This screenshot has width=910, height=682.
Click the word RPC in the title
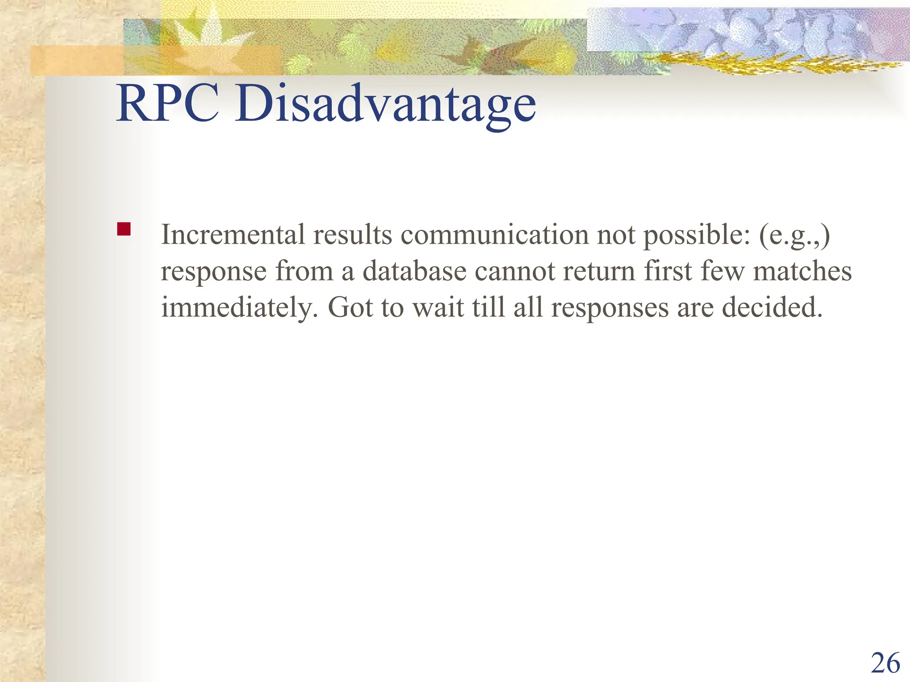tap(168, 104)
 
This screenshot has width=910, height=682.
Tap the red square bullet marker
tap(124, 229)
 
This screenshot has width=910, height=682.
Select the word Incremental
tap(233, 234)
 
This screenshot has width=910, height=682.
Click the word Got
tap(350, 307)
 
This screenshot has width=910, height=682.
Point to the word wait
tap(438, 307)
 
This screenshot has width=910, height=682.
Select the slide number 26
tap(885, 664)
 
